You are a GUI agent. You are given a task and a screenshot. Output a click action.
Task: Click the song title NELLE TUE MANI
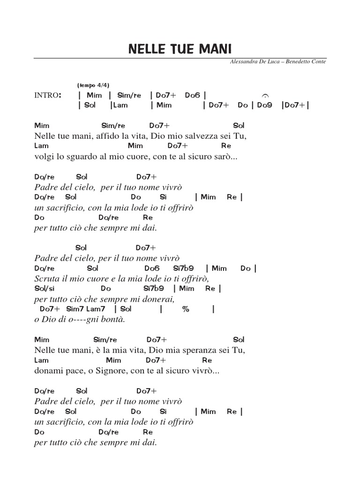180,49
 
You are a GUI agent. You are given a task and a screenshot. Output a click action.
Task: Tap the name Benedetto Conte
306,62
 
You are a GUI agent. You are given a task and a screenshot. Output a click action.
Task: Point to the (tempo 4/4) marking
93,85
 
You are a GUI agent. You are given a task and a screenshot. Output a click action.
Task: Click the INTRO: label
48,96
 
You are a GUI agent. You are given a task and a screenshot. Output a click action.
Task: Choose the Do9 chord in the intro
265,105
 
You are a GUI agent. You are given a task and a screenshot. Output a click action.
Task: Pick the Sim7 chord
75,309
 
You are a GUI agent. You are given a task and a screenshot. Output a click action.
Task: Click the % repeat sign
186,309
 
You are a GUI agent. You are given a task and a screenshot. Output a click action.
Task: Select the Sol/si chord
45,289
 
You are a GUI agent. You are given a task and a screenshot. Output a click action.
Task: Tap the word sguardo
78,157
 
